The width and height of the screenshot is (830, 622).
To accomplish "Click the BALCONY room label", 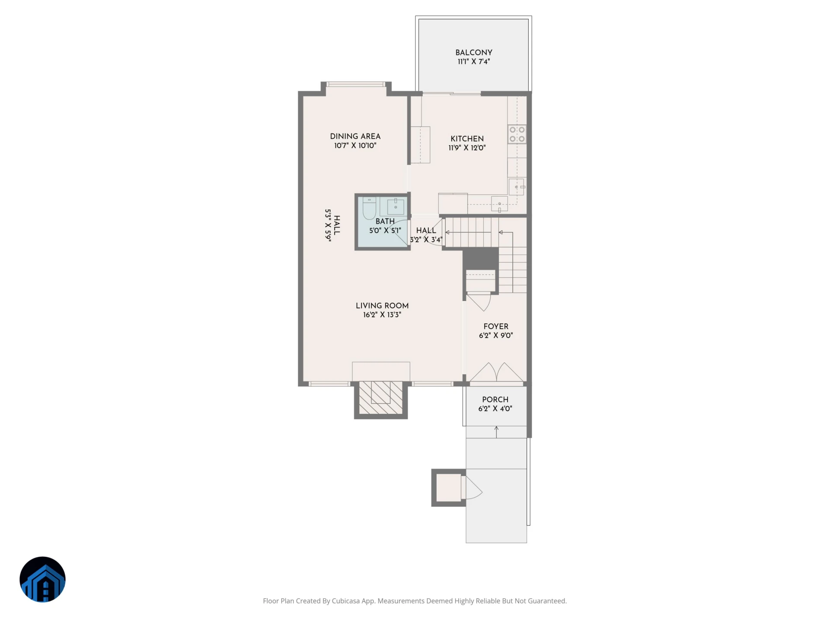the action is (x=474, y=52).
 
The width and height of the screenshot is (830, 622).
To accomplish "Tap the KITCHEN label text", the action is (x=467, y=139).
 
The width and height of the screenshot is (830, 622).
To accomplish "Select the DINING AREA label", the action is (x=355, y=136).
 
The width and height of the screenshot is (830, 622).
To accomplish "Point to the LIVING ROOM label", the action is (x=382, y=305).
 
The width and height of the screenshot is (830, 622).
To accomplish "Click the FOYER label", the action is (x=496, y=327).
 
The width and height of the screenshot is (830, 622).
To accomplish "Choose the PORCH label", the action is (x=495, y=400).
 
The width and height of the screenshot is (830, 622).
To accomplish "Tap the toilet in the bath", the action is (x=369, y=208).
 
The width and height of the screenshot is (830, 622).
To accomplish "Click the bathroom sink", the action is (x=396, y=206).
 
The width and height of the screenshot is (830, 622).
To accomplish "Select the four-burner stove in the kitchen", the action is (x=517, y=134).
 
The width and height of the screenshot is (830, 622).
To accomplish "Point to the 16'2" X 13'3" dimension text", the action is (x=382, y=315).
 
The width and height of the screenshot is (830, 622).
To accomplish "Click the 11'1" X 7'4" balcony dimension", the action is (x=474, y=62).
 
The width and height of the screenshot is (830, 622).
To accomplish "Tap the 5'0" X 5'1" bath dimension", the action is (x=385, y=231).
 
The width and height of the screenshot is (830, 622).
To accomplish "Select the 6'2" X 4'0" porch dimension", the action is (x=495, y=409).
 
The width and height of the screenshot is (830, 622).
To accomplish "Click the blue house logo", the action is (x=42, y=579).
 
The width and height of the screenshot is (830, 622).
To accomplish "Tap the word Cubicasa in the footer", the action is (x=346, y=601).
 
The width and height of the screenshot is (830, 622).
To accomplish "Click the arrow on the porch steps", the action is (x=496, y=432).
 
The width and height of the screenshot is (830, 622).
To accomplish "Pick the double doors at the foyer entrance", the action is (x=496, y=373).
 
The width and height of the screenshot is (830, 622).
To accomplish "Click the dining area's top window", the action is (x=355, y=84).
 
